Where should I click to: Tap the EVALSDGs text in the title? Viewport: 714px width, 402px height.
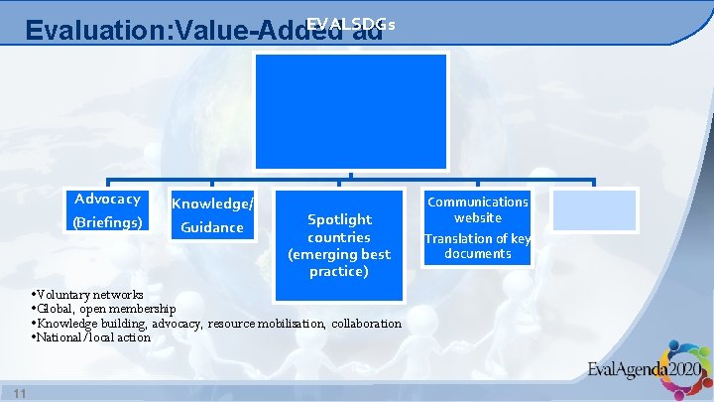click(351, 22)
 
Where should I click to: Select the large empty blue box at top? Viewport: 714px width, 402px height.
click(352, 111)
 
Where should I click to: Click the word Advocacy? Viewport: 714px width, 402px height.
click(107, 199)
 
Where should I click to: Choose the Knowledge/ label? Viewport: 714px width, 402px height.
click(212, 203)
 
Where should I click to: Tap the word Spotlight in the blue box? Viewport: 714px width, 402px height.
click(339, 219)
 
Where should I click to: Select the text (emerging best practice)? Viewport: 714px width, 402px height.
click(339, 263)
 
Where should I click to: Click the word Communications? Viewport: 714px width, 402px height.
click(478, 201)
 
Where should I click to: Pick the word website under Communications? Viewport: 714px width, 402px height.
click(478, 217)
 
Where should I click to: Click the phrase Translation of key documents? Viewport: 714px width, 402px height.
click(478, 246)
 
